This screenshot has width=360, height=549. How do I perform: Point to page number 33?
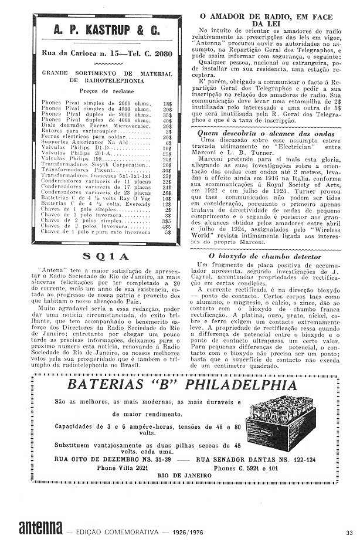349,532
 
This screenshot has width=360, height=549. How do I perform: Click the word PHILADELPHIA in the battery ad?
230,385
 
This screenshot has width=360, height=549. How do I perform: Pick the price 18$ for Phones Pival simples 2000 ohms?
168,102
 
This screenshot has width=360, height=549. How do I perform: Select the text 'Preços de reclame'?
107,91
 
